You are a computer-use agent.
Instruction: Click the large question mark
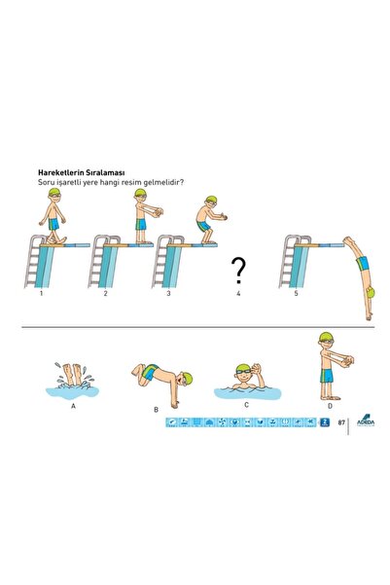238,271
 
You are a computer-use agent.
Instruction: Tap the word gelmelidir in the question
165,182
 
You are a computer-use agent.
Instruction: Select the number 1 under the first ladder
41,293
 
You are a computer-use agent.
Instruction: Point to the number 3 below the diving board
168,293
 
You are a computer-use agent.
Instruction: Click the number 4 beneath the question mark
238,293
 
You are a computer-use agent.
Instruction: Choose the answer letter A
73,406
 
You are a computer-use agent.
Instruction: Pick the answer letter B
156,410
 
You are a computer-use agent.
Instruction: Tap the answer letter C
246,405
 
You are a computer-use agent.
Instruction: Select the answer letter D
330,406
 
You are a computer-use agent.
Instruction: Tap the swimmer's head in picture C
242,375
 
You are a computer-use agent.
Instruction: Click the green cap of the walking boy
54,193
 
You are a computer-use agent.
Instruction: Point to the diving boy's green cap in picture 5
371,293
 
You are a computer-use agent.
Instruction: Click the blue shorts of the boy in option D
327,376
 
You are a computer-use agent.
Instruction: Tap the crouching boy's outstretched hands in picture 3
223,216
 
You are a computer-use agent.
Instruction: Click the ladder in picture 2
97,261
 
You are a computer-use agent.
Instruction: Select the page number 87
341,422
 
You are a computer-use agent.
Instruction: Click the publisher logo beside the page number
366,420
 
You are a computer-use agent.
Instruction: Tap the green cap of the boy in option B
187,378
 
